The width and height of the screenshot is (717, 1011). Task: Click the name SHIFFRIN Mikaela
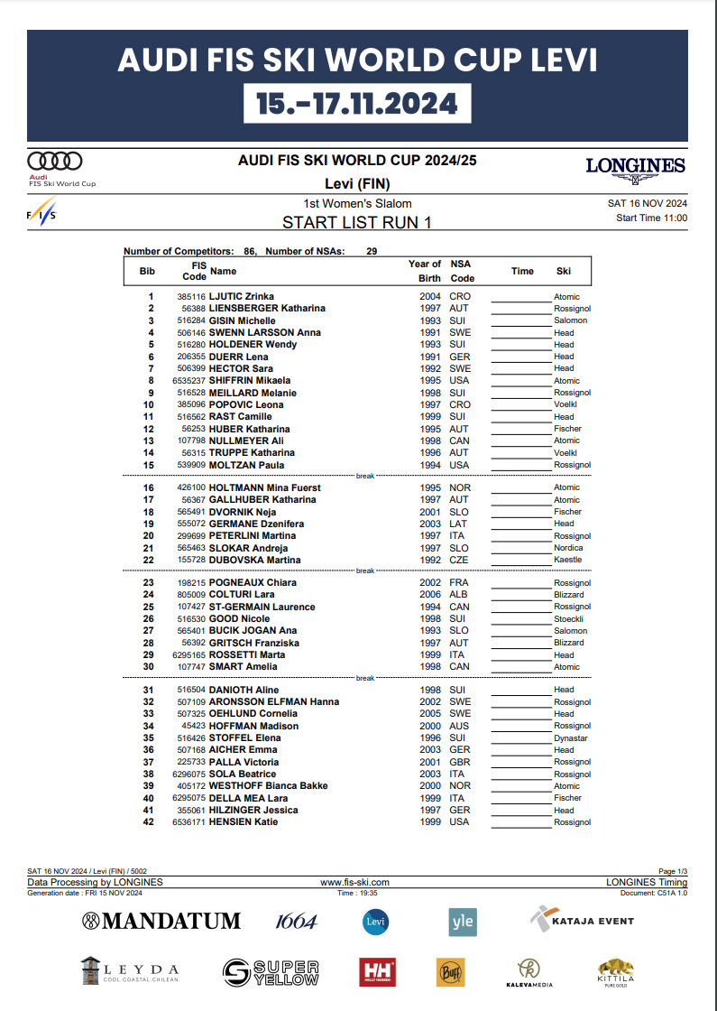tap(250, 381)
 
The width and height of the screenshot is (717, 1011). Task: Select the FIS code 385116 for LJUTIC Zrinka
tap(191, 297)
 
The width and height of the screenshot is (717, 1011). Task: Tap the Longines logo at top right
tap(635, 167)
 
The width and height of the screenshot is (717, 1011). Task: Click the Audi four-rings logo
tap(55, 161)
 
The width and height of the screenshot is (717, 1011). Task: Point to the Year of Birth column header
tap(425, 271)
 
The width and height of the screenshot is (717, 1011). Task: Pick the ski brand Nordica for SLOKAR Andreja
tap(568, 548)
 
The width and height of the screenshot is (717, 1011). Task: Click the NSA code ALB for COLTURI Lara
tap(458, 596)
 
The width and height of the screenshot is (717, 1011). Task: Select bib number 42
tap(149, 822)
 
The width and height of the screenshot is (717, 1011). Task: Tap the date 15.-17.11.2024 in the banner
tap(357, 104)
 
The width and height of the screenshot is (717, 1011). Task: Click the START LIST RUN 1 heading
tap(357, 222)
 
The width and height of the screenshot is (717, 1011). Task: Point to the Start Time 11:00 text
tap(651, 218)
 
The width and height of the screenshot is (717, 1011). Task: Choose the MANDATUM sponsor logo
tap(161, 921)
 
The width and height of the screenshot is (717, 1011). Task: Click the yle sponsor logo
tap(462, 921)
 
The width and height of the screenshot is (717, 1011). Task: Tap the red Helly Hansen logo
tap(377, 971)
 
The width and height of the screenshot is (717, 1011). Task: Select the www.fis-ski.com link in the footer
tap(354, 882)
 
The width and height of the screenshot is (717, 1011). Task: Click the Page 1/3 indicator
tap(672, 871)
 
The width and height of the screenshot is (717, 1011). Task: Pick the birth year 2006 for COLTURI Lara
tap(429, 596)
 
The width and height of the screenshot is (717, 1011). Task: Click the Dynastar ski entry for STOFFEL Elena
tap(570, 738)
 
